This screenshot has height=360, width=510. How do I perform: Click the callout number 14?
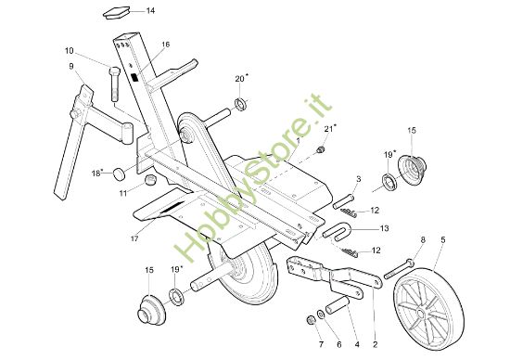coord(151,11)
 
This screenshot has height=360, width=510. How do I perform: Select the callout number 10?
coord(69,50)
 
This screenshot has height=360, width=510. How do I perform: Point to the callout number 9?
coord(70,66)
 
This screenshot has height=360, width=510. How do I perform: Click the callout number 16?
coord(166,45)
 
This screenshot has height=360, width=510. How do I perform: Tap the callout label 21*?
coord(330,127)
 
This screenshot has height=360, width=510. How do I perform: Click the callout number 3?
coord(358,178)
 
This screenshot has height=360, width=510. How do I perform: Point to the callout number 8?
coord(422,240)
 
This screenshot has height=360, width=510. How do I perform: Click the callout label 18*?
coord(97,173)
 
